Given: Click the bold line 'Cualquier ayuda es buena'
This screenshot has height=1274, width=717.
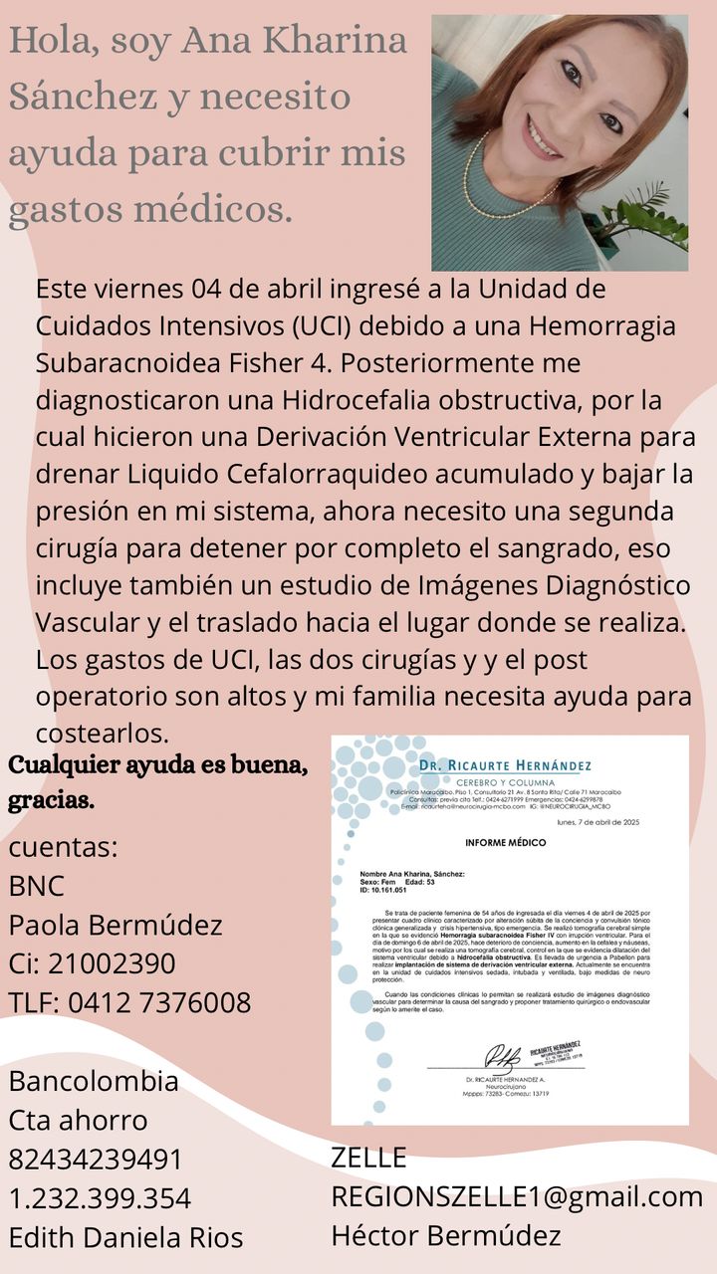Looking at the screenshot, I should [157, 765].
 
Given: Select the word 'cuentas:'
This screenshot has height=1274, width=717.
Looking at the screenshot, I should [64, 847].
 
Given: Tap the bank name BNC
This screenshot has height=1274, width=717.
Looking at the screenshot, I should [37, 886].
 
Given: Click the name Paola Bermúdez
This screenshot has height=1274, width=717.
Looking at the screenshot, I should [116, 925].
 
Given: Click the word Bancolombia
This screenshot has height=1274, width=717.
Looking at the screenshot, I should [94, 1081].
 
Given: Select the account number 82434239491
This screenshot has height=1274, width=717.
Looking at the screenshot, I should [96, 1159].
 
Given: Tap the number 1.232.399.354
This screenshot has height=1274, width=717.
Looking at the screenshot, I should [100, 1197].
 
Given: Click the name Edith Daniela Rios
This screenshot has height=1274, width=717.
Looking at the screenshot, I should [125, 1237].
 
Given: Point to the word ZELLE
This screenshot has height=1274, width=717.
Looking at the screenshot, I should [368, 1158].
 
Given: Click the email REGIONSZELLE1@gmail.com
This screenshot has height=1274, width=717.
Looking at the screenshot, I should [517, 1196].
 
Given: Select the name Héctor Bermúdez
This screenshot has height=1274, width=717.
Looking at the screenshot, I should [446, 1235].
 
